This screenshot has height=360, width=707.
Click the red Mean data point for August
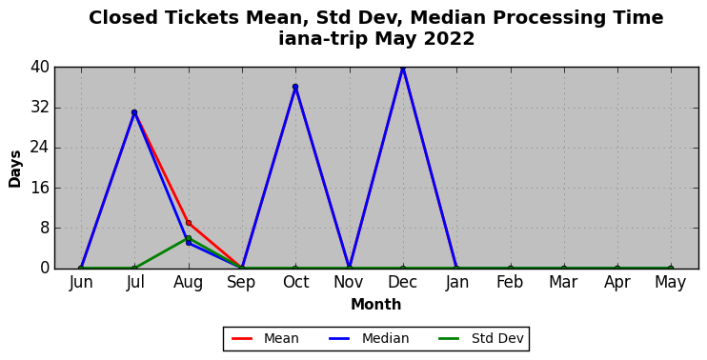click(189, 223)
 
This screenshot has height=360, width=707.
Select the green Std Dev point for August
click(189, 238)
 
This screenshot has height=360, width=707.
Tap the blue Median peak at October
click(295, 87)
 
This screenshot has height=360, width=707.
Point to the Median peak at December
click(403, 68)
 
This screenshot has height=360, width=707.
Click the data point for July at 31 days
click(134, 112)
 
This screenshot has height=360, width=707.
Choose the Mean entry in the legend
click(265, 338)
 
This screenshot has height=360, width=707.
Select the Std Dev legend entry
click(481, 338)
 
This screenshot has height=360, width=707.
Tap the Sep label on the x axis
click(242, 283)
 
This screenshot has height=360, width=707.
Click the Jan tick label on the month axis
click(456, 283)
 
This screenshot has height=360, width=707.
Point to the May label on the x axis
click(671, 283)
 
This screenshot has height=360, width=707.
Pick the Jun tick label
click(81, 283)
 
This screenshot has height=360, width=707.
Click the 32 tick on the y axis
click(40, 109)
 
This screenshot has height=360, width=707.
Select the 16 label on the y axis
click(40, 188)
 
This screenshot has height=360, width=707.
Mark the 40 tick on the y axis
click(40, 68)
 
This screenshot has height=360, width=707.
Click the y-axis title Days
click(15, 169)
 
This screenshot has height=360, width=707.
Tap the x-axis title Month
click(376, 305)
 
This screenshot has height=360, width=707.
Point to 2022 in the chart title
click(448, 39)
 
